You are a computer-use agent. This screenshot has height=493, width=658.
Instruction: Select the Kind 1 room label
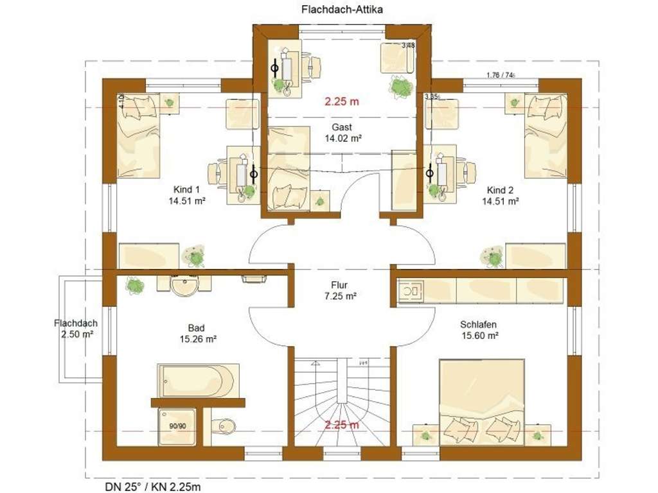pyautogui.click(x=186, y=189)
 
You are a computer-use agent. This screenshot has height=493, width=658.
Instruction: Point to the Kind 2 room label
pyautogui.click(x=501, y=189)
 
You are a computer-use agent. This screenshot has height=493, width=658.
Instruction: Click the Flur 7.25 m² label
pyautogui.click(x=341, y=290)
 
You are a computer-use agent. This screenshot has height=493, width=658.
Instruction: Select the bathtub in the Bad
pyautogui.click(x=198, y=381)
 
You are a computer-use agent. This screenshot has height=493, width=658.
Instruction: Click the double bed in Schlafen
pyautogui.click(x=481, y=401)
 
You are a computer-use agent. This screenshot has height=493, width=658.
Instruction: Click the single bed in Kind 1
pyautogui.click(x=138, y=135)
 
